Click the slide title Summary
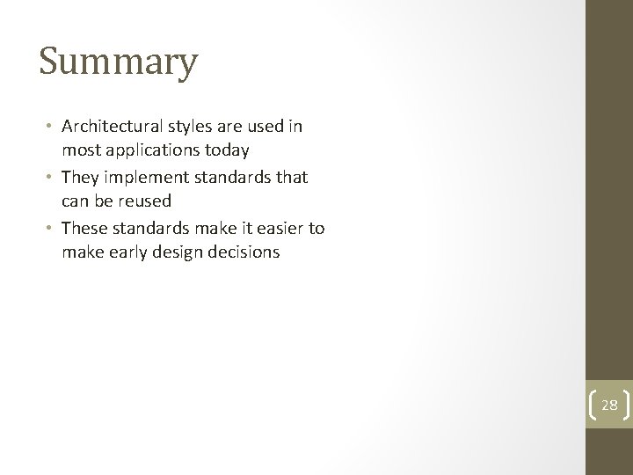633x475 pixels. [119, 63]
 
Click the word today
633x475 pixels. [227, 150]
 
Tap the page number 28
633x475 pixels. [609, 406]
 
